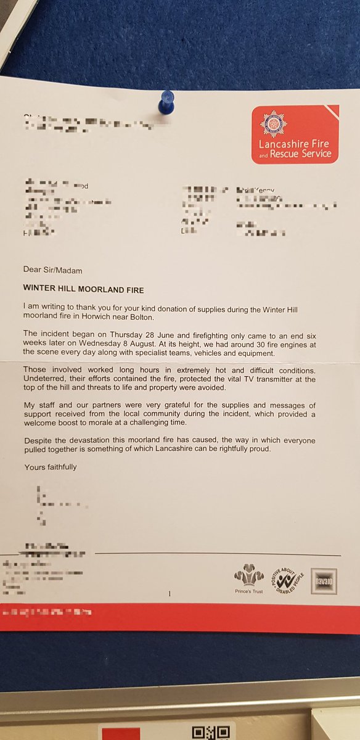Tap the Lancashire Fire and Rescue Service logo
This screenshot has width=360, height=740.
coord(295,134)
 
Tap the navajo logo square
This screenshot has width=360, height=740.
coord(324,581)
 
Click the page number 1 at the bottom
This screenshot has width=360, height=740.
coord(168,594)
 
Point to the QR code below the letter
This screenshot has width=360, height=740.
coord(204,731)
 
